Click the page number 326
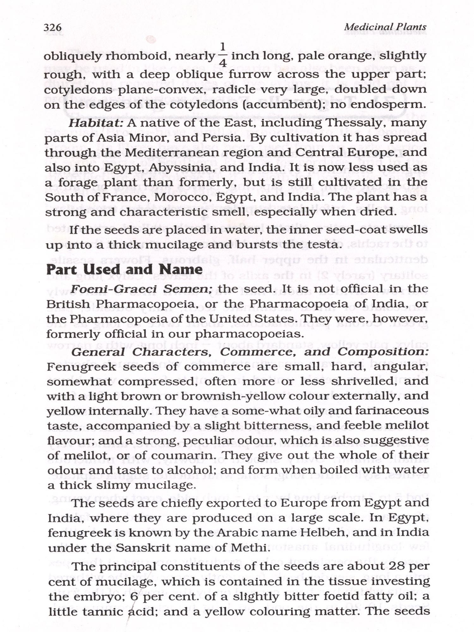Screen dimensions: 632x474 (x=53, y=28)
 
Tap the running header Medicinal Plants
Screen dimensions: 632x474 (x=385, y=27)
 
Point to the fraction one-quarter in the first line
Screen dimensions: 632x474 (x=222, y=55)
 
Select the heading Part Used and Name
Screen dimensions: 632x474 (x=124, y=269)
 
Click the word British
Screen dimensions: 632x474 (x=68, y=304)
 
